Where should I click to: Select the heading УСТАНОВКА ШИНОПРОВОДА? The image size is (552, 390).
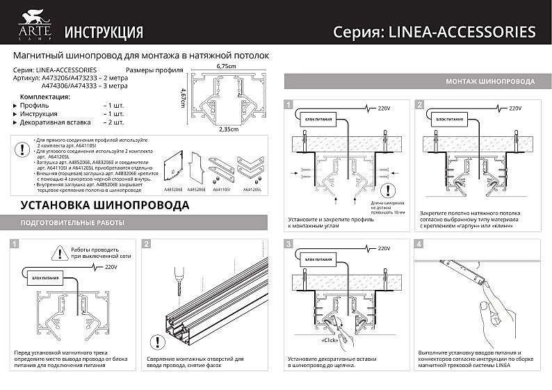click(x=104, y=205)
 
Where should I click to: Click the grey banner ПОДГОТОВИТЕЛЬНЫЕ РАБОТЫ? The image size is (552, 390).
click(x=72, y=222)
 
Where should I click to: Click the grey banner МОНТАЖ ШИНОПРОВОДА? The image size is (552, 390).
click(x=490, y=82)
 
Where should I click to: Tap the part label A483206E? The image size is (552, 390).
click(x=174, y=188)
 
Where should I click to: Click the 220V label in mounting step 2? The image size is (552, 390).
click(x=515, y=108)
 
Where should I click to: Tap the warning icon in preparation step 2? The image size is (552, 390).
click(x=159, y=341)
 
